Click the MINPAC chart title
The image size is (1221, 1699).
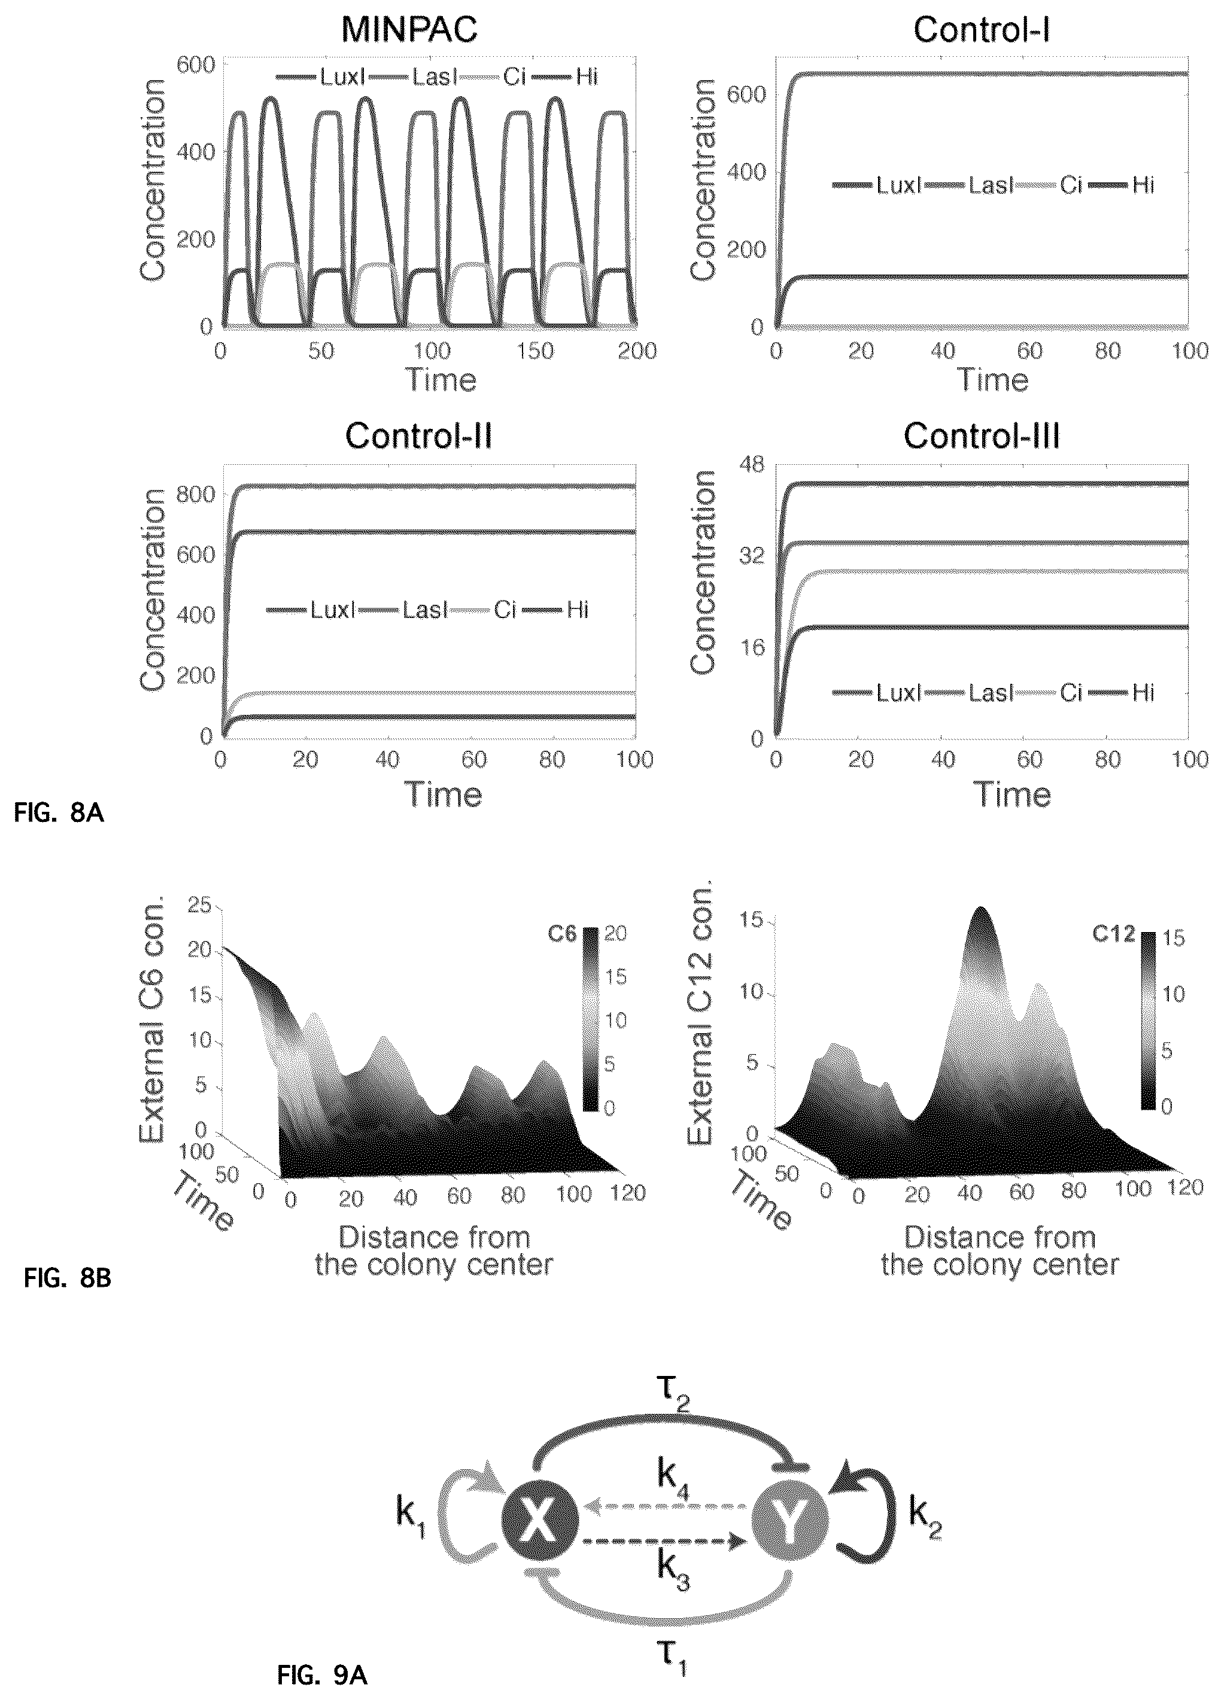tap(409, 30)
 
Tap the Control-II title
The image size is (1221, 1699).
tap(418, 436)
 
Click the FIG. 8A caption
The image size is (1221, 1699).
tap(59, 814)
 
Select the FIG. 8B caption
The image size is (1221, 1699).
tap(68, 1278)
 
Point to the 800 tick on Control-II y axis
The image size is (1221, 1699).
tap(193, 494)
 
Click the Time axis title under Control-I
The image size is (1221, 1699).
tap(992, 380)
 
